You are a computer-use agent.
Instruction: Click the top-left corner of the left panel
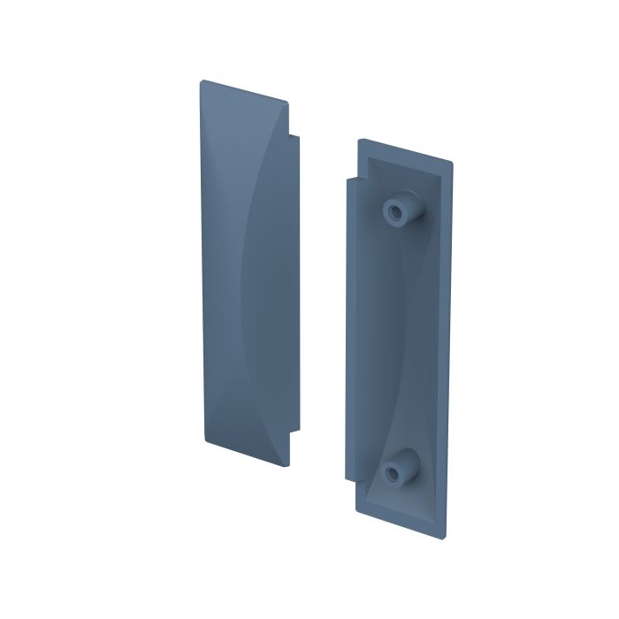[x=200, y=82]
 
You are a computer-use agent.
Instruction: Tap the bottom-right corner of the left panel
[x=288, y=463]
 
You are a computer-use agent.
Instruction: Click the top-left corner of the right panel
[x=359, y=140]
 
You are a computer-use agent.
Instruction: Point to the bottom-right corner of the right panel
[x=445, y=537]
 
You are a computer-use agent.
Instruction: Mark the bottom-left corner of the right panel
[x=357, y=510]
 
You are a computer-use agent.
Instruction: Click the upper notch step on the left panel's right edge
[x=294, y=135]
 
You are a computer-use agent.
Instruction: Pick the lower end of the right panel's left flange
[x=349, y=480]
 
